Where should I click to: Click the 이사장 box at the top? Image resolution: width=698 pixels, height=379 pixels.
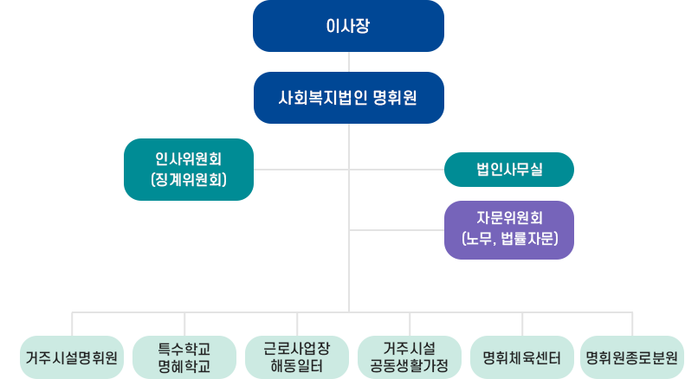pyautogui.click(x=348, y=26)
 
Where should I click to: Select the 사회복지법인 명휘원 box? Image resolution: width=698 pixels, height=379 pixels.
pyautogui.click(x=348, y=97)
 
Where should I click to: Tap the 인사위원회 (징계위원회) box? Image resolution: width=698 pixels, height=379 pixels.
pyautogui.click(x=189, y=170)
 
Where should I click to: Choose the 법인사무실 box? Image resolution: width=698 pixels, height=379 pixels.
pyautogui.click(x=509, y=169)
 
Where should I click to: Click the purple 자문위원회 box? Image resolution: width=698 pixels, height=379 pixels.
pyautogui.click(x=509, y=230)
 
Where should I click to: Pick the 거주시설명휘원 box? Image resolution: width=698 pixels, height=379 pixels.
pyautogui.click(x=72, y=357)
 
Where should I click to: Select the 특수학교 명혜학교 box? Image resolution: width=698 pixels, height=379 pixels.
pyautogui.click(x=184, y=357)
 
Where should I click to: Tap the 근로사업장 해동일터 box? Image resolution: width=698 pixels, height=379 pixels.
pyautogui.click(x=297, y=357)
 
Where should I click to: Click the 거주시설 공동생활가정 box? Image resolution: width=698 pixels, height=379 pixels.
pyautogui.click(x=409, y=357)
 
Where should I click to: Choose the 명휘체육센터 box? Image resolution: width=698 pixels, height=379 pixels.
pyautogui.click(x=521, y=357)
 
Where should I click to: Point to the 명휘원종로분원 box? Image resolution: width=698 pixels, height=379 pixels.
pyautogui.click(x=632, y=357)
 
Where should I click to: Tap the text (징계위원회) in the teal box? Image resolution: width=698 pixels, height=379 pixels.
pyautogui.click(x=189, y=180)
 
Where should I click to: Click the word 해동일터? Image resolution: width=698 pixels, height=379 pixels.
pyautogui.click(x=297, y=366)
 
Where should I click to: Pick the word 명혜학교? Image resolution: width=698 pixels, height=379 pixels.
pyautogui.click(x=184, y=366)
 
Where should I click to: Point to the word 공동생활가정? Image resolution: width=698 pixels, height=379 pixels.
pyautogui.click(x=409, y=366)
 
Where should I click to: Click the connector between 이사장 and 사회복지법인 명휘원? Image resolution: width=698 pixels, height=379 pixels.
pyautogui.click(x=348, y=61)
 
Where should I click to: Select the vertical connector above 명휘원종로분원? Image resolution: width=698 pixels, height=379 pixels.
pyautogui.click(x=632, y=323)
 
